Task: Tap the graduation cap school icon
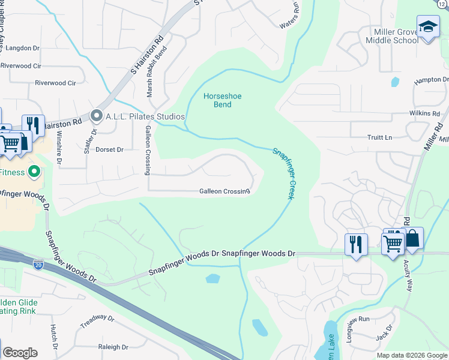(x=428, y=27)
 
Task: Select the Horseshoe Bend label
(x=217, y=100)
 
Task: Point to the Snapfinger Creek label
(x=283, y=174)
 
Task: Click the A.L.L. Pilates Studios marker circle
(x=96, y=116)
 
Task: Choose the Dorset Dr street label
(x=109, y=149)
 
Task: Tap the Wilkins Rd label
(x=425, y=113)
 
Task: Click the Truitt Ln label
(x=379, y=137)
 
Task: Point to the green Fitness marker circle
(x=34, y=172)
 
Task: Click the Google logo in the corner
(x=20, y=353)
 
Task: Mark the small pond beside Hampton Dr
(x=394, y=82)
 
